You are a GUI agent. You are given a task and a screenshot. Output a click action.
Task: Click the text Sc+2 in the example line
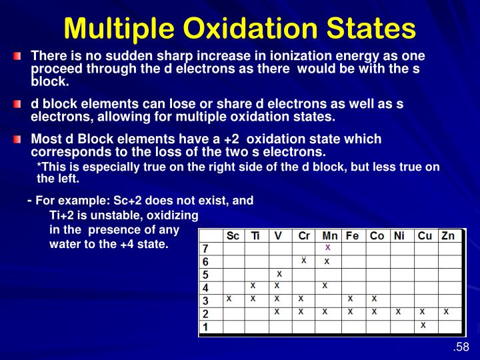(127, 200)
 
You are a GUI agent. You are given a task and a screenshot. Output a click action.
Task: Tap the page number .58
(461, 347)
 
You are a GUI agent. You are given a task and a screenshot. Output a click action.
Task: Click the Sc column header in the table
(233, 236)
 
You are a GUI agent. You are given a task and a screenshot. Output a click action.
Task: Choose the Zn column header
(447, 236)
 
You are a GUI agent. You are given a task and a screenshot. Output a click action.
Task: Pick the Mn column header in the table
(329, 236)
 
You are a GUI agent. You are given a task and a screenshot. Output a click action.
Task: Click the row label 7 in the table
(205, 248)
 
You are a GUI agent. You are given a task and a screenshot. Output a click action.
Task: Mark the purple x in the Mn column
(327, 247)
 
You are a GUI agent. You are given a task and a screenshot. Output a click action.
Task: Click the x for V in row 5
(279, 273)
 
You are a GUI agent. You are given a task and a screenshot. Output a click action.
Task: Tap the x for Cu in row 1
(423, 325)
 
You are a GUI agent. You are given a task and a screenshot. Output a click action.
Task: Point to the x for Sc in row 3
(229, 299)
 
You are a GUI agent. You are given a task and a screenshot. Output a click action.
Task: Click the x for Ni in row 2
(399, 311)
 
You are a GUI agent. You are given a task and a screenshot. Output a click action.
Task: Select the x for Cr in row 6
(303, 260)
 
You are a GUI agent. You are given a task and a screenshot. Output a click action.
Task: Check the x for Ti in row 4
(253, 285)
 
